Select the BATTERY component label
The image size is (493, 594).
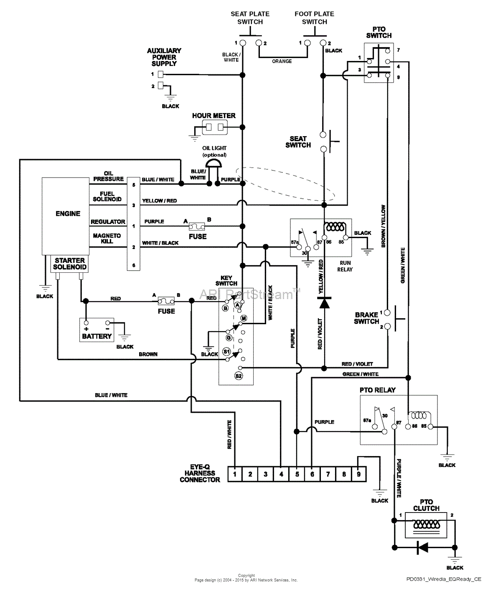coord(97,336)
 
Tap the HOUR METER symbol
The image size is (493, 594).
coord(215,127)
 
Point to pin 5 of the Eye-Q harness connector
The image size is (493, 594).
coord(297,474)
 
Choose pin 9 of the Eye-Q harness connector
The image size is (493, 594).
coord(358,474)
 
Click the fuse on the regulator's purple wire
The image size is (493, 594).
coord(197,226)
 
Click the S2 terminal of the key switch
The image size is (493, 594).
coord(239,376)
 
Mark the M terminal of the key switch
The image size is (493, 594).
coord(244,318)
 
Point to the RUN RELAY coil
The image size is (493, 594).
coord(335,227)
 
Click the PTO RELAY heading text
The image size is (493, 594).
coord(377,390)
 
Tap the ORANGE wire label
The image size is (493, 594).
coord(282,61)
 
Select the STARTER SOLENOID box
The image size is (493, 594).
coord(70,264)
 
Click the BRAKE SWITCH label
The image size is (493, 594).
coord(366,318)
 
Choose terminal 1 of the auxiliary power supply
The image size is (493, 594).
coord(160,75)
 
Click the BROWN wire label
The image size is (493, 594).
coord(148,354)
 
